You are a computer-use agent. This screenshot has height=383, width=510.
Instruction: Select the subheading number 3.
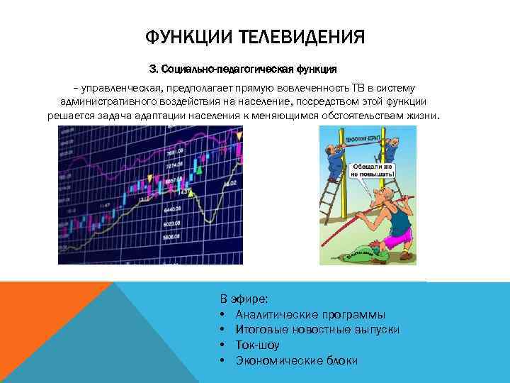(x=153, y=70)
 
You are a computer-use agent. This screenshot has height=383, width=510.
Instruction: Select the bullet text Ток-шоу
(x=257, y=345)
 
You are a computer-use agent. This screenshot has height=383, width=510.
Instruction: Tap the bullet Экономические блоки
(x=297, y=361)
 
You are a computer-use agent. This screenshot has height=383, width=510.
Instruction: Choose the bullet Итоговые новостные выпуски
(x=317, y=330)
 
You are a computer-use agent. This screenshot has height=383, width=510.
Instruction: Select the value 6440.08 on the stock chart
(x=172, y=210)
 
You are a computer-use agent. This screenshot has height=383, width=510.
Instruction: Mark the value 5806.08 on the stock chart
(x=171, y=236)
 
